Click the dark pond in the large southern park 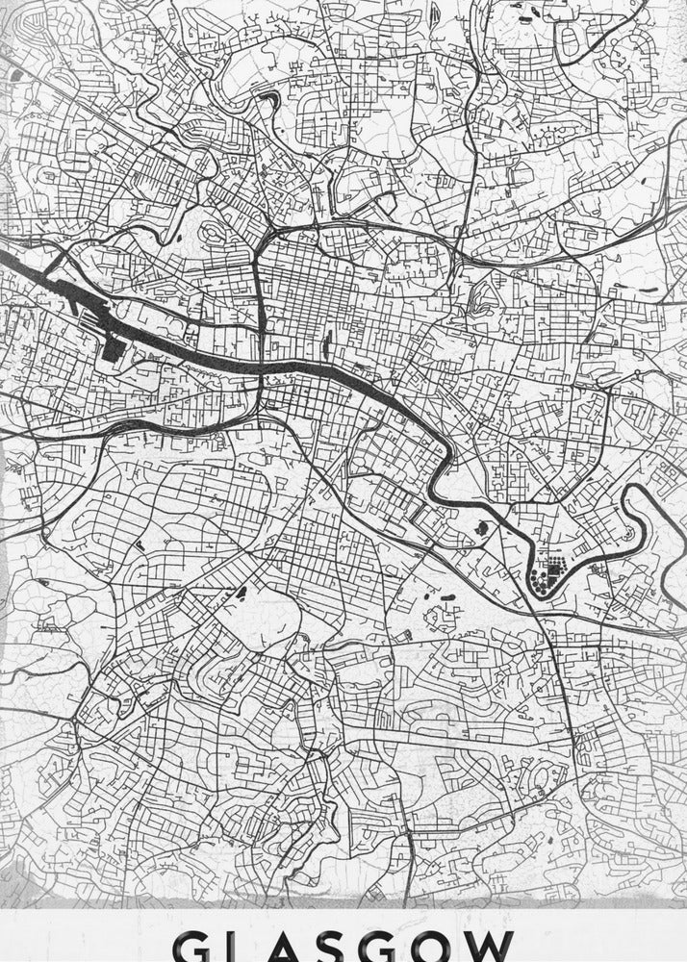[x=240, y=594]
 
